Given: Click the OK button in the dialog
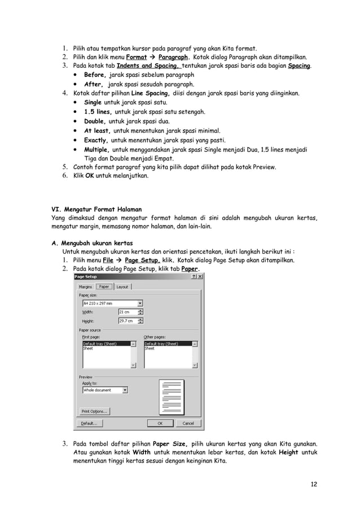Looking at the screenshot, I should [x=160, y=423].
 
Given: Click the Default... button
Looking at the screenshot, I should [x=90, y=423].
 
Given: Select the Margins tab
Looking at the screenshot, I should [x=85, y=287].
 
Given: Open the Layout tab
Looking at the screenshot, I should [x=122, y=287].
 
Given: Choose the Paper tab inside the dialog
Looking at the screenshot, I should [x=104, y=286].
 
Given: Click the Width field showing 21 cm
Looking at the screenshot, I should [x=126, y=312].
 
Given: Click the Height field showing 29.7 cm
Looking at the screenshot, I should [x=126, y=321].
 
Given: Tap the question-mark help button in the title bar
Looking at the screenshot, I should [x=194, y=277].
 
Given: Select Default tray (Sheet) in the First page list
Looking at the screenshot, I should [x=100, y=343].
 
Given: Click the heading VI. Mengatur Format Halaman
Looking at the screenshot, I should [x=96, y=209].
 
